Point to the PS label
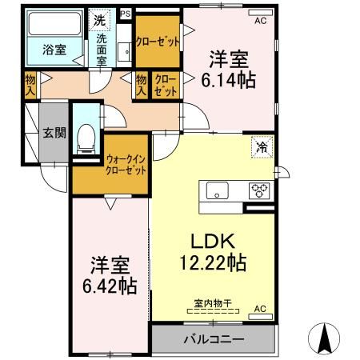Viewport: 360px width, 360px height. [x=124, y=14]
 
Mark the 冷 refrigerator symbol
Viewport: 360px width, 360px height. [x=262, y=146]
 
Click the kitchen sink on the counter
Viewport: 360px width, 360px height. [x=218, y=191]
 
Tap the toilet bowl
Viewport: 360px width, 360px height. [x=84, y=142]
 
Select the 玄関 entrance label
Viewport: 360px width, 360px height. [x=54, y=133]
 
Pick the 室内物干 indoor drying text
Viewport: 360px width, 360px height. [x=212, y=303]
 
